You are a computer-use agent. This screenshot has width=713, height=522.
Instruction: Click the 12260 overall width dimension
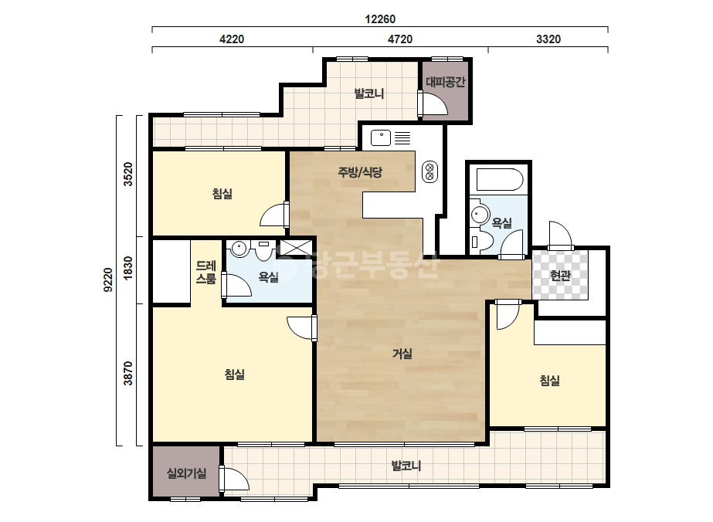(380, 19)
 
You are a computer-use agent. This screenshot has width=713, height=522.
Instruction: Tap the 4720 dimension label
(400, 39)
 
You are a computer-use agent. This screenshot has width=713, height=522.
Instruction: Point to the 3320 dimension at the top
(548, 39)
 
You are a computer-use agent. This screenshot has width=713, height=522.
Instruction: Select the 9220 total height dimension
(108, 280)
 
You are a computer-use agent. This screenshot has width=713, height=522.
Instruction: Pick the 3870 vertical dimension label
(128, 373)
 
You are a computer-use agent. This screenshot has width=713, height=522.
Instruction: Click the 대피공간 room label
(446, 82)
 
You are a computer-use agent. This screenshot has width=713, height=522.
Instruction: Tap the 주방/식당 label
(360, 172)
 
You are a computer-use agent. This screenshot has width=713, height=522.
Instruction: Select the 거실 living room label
(402, 354)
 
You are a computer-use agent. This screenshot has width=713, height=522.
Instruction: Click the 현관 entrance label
(560, 275)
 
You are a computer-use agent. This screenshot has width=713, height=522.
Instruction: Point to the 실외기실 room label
(186, 473)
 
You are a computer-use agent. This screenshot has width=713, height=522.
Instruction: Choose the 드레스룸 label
(206, 272)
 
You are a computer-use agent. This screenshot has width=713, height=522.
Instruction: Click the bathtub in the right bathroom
(500, 180)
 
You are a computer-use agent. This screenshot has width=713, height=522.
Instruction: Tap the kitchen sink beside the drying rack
(381, 137)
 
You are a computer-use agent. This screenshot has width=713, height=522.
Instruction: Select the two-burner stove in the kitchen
(429, 172)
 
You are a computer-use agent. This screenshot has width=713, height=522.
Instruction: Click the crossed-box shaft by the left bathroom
(296, 248)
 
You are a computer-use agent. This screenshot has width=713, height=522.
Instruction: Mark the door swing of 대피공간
(434, 103)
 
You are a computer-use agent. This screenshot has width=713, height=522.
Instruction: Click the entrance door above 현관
(560, 236)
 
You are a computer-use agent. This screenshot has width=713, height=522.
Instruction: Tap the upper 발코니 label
(369, 93)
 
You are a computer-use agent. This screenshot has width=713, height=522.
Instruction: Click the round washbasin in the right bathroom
(479, 214)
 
